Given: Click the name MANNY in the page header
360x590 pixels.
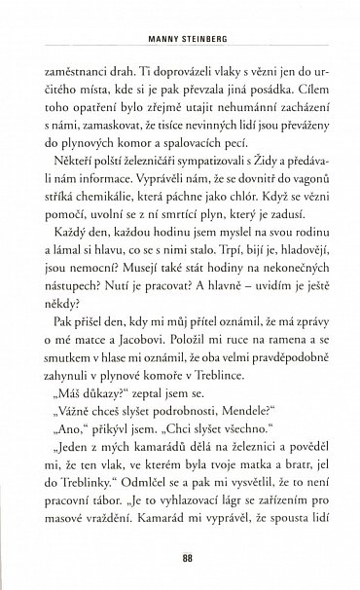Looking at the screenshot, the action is [x=152, y=43].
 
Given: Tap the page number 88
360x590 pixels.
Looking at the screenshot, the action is [x=179, y=559].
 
